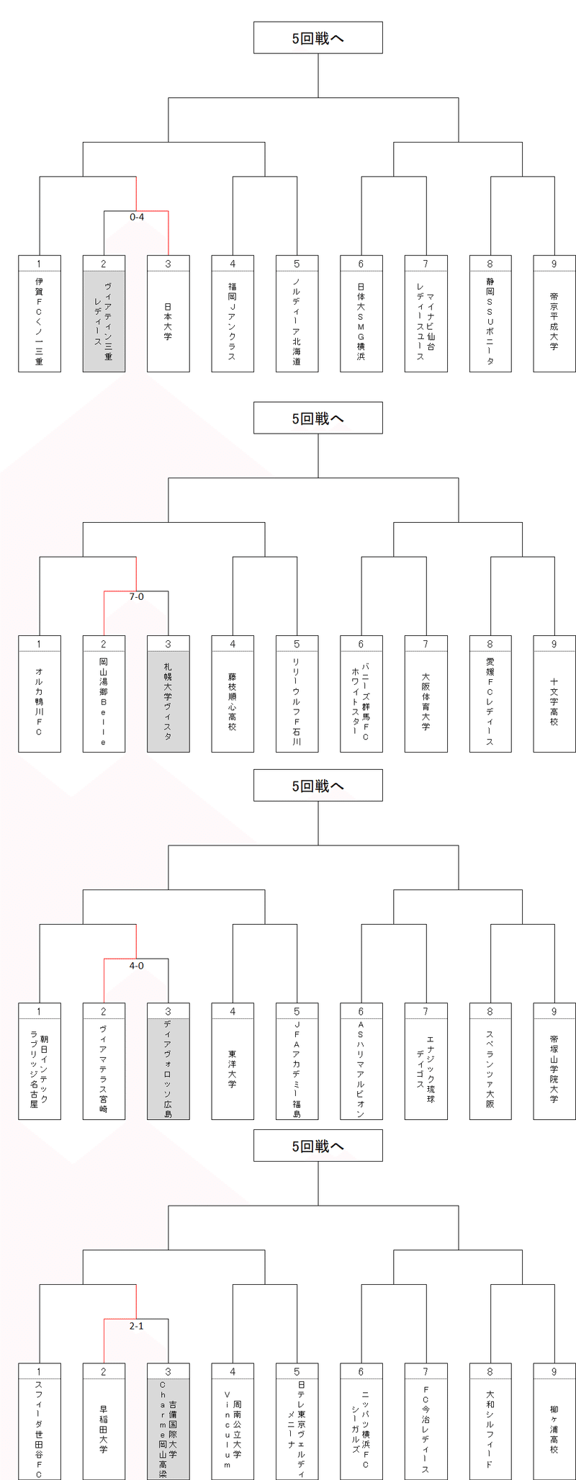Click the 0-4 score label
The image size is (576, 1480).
(x=137, y=217)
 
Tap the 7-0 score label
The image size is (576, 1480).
(x=137, y=597)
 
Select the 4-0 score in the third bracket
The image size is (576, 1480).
(x=137, y=965)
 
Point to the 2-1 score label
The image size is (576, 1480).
(x=137, y=1325)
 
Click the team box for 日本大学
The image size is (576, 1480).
(x=168, y=321)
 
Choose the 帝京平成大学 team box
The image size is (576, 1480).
(x=554, y=321)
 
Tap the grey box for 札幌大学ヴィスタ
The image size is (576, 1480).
(x=168, y=701)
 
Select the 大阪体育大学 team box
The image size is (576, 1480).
(x=426, y=701)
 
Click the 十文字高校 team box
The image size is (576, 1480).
(x=554, y=701)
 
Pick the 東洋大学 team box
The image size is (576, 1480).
(x=233, y=1069)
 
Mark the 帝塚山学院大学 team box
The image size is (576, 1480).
(x=554, y=1069)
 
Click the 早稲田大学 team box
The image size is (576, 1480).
(x=104, y=1429)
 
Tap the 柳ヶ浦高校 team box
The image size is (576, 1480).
(x=554, y=1429)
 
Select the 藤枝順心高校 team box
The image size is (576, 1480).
(x=233, y=701)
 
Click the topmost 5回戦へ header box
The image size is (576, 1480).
(x=318, y=38)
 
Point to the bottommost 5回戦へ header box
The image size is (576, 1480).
(x=318, y=1146)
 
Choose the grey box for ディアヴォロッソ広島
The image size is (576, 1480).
(x=168, y=1069)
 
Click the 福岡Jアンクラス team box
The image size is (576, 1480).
(x=233, y=321)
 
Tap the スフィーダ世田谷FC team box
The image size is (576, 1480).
(x=40, y=1429)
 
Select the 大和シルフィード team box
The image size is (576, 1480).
(x=490, y=1429)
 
